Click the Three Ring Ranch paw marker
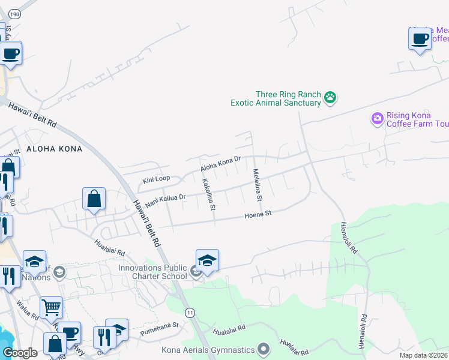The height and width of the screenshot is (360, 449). (x=330, y=97)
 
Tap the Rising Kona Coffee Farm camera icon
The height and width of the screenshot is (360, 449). (x=377, y=118)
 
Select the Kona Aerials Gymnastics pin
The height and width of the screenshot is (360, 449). (x=263, y=349)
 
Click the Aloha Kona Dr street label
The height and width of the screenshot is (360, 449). (x=220, y=163)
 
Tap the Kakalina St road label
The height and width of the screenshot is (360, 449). (x=208, y=194)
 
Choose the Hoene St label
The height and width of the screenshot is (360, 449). (x=258, y=214)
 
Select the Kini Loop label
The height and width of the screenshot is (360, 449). (x=156, y=179)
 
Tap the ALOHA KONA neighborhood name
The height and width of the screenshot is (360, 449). (x=54, y=148)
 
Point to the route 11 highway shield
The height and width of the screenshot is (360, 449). (x=190, y=313)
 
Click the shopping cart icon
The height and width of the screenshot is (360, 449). (x=51, y=307)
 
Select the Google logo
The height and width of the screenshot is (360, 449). (x=20, y=353)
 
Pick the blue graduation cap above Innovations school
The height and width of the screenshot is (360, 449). (x=207, y=260)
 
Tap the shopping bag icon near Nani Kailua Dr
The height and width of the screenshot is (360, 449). (x=94, y=199)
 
